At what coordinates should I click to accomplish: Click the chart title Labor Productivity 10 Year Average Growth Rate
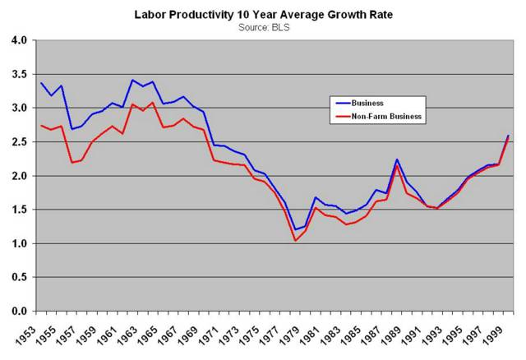pos(263,14)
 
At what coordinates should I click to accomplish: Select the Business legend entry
pos(368,104)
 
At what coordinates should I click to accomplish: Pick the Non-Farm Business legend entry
pos(385,117)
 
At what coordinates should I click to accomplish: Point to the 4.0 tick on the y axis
pos(19,40)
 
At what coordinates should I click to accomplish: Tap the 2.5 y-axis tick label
pos(19,142)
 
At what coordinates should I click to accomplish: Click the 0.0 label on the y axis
pos(19,312)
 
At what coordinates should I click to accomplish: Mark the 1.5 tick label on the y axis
pos(19,210)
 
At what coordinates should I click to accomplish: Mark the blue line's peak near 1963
pos(133,80)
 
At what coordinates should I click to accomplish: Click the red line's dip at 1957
pos(72,163)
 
